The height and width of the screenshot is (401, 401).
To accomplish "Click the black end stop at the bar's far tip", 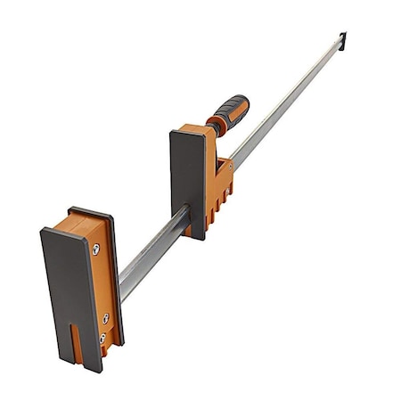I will pos(342,38).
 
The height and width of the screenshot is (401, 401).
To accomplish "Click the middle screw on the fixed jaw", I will pos(106,317).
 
